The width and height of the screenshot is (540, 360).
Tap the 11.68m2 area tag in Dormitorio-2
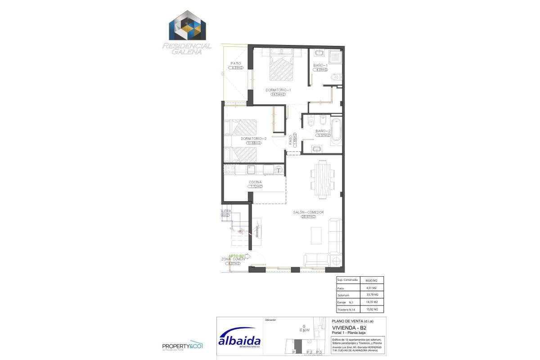point(254,143)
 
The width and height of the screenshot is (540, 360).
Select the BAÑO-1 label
point(321,65)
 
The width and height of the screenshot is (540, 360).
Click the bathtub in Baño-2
point(336,131)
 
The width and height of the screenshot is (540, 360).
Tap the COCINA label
point(255,182)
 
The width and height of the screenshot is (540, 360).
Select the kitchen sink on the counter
point(251,170)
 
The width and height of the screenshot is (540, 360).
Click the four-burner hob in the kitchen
point(229,170)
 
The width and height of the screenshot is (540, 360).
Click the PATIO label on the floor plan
point(236,63)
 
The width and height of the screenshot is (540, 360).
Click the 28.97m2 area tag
point(308,217)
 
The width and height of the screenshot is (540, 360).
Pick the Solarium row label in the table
point(343,295)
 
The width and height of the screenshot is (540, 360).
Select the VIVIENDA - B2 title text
point(346,328)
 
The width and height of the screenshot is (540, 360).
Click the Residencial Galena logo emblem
point(187,26)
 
